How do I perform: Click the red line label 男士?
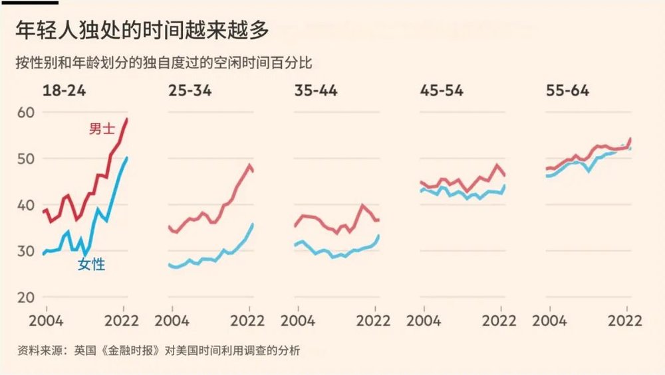(102, 129)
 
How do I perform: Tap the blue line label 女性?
(91, 265)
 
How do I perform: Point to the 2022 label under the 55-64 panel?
(625, 321)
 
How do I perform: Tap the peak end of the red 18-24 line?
(127, 119)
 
